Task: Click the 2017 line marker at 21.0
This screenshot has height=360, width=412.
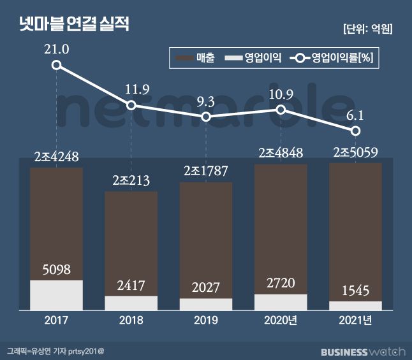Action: [x=57, y=65]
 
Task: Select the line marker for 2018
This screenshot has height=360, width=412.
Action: [x=131, y=105]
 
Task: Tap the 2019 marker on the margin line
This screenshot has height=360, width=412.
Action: [x=206, y=117]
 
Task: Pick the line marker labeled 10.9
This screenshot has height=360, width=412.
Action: [x=281, y=110]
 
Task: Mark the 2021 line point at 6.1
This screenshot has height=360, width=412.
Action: [x=356, y=131]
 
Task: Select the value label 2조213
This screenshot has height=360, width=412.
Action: [x=131, y=181]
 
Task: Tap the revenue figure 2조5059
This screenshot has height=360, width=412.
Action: [x=355, y=152]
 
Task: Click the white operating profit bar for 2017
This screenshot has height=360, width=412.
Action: [x=56, y=294]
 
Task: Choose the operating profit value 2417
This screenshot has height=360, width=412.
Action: [x=131, y=285]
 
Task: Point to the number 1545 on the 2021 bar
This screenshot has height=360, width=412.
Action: [x=355, y=291]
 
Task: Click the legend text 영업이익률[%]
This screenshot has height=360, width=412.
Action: [x=341, y=58]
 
